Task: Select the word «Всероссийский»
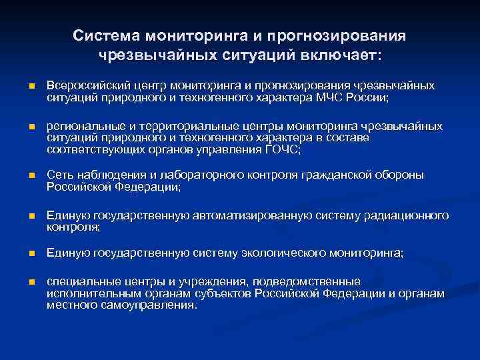coord(83,85)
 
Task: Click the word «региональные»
coord(80,125)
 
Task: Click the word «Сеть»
coord(58,175)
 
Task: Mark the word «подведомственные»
coord(318,281)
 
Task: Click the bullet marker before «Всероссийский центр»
coord(31,86)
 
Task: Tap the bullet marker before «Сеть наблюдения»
coord(31,176)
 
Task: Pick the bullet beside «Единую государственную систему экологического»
coord(31,254)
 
